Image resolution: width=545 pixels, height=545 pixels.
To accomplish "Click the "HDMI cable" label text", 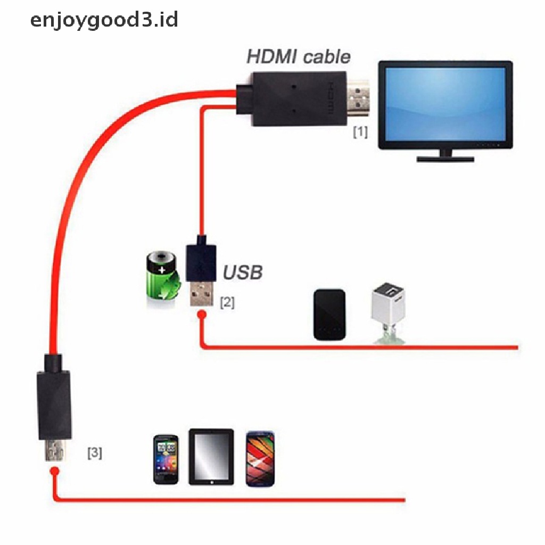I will click(x=299, y=56).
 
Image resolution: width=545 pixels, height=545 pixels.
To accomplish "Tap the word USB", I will click(x=242, y=273).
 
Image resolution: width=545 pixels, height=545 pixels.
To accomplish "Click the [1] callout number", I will click(x=360, y=131).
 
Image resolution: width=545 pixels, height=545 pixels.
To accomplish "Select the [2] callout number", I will click(x=227, y=302).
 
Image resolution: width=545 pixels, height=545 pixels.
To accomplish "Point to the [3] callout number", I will click(x=95, y=453).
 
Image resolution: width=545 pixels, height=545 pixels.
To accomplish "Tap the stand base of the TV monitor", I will click(x=444, y=158).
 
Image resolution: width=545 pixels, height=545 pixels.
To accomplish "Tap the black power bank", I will click(x=329, y=315).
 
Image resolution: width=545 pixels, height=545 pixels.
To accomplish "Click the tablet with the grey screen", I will click(x=211, y=457).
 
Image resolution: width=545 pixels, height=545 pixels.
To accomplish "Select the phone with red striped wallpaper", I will click(x=260, y=458).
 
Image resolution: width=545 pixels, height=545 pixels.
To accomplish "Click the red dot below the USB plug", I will click(x=201, y=316).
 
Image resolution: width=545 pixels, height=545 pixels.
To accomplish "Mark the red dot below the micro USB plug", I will click(x=54, y=471).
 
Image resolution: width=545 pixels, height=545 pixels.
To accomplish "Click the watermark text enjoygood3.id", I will click(x=104, y=20).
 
